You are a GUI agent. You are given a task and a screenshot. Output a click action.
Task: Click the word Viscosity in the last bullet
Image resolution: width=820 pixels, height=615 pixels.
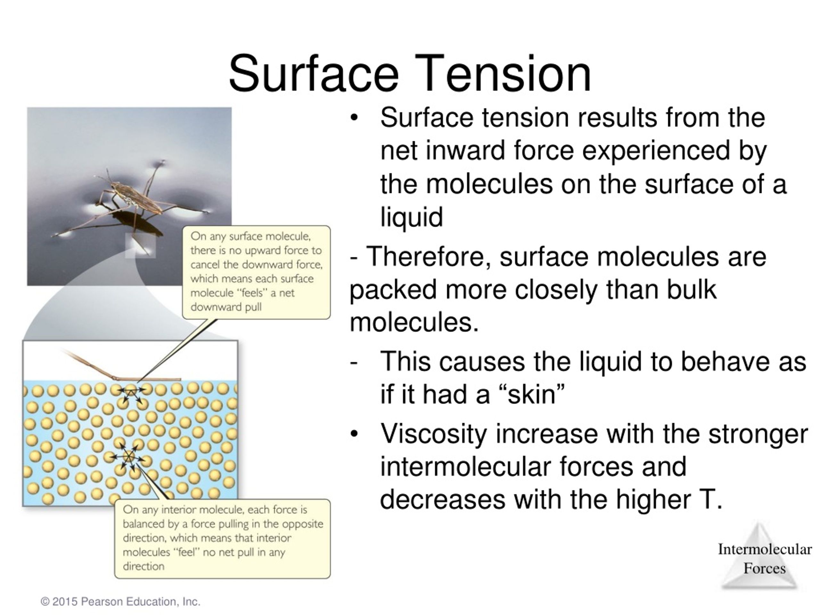click(x=433, y=433)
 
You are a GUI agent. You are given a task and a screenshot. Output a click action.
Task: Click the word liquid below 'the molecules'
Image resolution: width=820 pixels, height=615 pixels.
click(x=412, y=217)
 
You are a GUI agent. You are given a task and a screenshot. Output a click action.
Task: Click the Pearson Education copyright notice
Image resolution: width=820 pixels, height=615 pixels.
click(x=120, y=601)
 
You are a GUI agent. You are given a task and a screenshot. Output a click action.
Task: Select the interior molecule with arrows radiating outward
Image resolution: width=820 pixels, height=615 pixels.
click(x=128, y=457)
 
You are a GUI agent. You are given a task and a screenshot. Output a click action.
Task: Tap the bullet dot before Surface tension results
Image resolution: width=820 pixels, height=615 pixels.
click(x=354, y=118)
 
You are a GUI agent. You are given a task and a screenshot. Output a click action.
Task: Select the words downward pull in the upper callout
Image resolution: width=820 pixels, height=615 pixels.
click(x=226, y=307)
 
